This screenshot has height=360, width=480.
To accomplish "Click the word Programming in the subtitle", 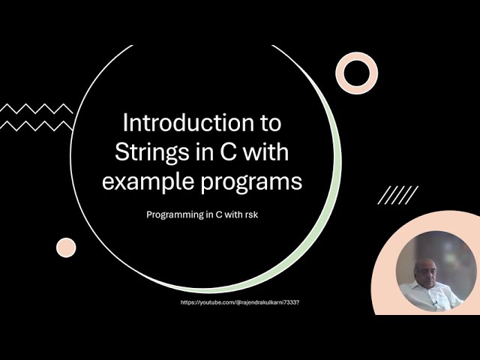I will [175, 214].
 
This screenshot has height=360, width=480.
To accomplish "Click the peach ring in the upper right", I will [357, 73].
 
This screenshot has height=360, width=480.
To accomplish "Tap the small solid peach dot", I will [66, 247].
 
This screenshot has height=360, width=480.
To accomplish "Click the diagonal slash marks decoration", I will [397, 195].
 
